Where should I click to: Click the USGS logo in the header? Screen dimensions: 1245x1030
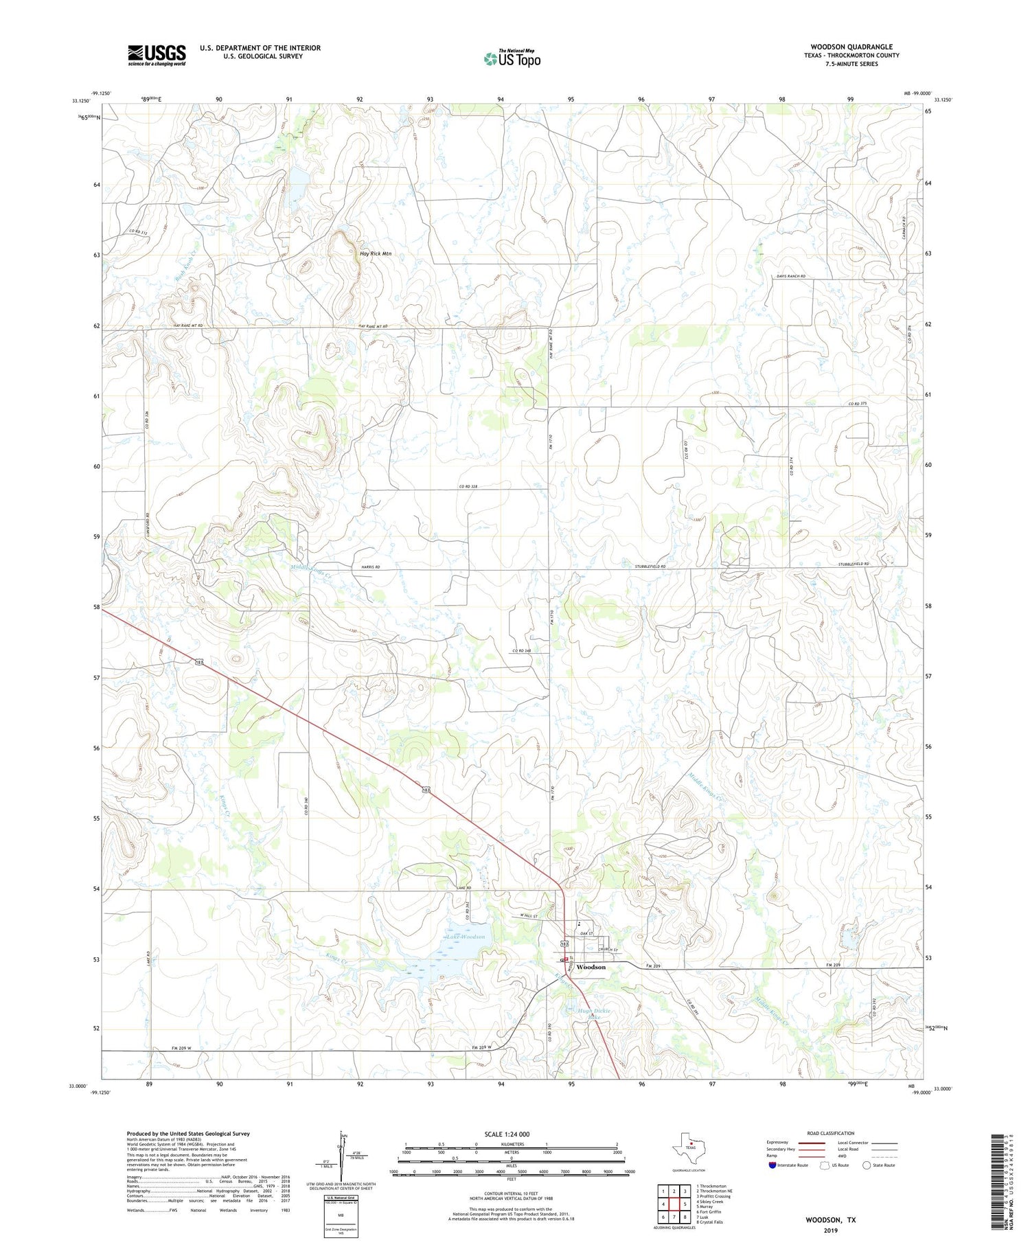click(x=157, y=55)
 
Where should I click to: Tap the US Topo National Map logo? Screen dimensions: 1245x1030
click(x=512, y=58)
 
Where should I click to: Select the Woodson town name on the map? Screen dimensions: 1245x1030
click(x=591, y=967)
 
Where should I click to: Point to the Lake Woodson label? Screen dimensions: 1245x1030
click(x=466, y=937)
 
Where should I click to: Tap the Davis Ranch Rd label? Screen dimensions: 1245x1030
click(x=790, y=276)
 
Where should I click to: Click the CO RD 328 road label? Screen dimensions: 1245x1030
click(x=468, y=487)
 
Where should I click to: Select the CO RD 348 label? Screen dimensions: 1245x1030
click(x=522, y=650)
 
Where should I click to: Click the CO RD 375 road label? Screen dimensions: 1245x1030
click(x=858, y=404)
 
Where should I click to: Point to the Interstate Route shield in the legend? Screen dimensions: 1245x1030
click(x=772, y=1165)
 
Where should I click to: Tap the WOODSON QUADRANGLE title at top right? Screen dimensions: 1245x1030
click(x=851, y=47)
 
